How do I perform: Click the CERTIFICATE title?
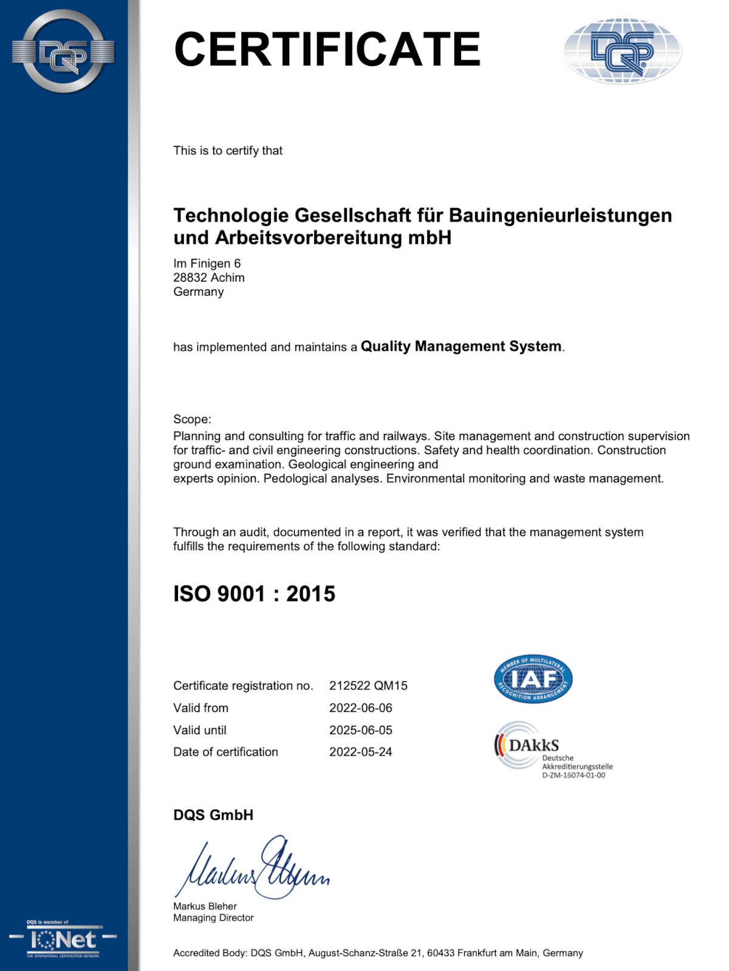(x=327, y=50)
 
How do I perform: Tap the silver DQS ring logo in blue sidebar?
(x=63, y=52)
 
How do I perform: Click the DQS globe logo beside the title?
(x=622, y=51)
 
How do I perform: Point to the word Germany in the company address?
(x=199, y=292)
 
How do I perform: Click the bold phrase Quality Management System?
(x=461, y=347)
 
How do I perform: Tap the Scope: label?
(x=192, y=419)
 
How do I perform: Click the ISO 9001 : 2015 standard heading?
(x=254, y=594)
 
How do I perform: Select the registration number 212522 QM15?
(x=368, y=686)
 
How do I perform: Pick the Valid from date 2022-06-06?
(x=361, y=708)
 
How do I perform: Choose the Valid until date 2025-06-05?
(x=361, y=730)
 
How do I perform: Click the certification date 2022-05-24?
(x=361, y=752)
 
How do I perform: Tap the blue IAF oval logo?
(x=533, y=679)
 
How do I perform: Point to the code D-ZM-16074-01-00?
(x=573, y=776)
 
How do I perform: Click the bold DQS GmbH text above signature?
(x=213, y=815)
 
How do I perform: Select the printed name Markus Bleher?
(x=205, y=906)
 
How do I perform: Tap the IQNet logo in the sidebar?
(x=63, y=940)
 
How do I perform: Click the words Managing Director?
(x=213, y=918)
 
